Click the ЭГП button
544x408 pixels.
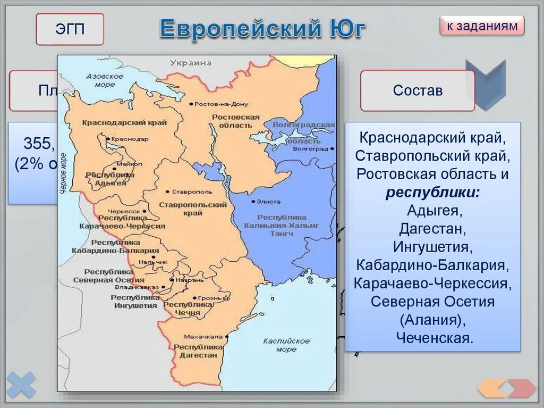pos(70,29)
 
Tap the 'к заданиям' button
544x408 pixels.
pos(482,26)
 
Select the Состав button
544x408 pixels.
pos(418,90)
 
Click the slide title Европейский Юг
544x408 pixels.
pos(263,29)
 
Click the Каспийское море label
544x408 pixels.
pos(286,345)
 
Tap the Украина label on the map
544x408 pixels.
pos(190,63)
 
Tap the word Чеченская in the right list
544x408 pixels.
pos(433,338)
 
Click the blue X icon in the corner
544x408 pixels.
pos(21,384)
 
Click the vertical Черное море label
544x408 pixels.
pos(63,176)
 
